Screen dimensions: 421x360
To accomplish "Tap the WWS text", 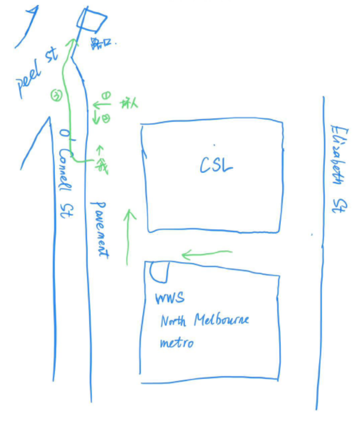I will pyautogui.click(x=170, y=299).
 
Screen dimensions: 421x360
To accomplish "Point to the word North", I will pyautogui.click(x=173, y=321).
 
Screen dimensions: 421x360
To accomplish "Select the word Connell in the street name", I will pyautogui.click(x=66, y=170).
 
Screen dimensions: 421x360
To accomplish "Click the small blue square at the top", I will pyautogui.click(x=92, y=20).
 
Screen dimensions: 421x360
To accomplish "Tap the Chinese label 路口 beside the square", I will pyautogui.click(x=100, y=43).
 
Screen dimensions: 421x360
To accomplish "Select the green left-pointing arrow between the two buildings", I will pyautogui.click(x=206, y=253).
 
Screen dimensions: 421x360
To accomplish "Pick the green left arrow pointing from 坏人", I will pyautogui.click(x=101, y=105).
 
